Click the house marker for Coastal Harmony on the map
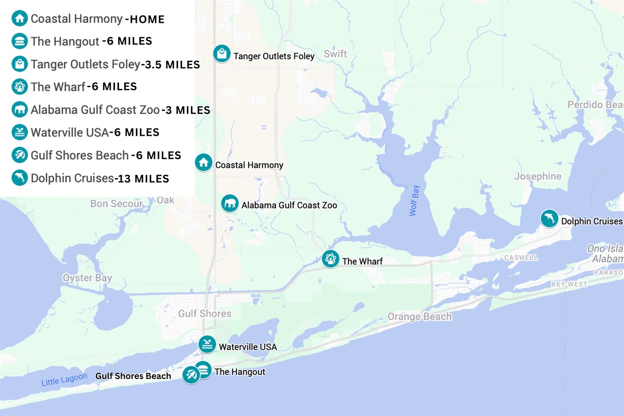click(203, 162)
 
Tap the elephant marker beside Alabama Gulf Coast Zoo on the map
click(230, 203)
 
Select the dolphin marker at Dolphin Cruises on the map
click(549, 218)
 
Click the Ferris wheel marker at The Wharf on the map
click(330, 258)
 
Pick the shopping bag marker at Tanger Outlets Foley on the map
click(222, 54)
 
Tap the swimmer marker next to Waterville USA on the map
click(207, 344)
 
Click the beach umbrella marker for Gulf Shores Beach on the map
click(191, 374)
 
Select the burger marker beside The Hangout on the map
click(203, 370)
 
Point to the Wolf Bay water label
click(414, 203)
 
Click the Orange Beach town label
click(420, 317)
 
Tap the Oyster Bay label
click(87, 278)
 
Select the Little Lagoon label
click(64, 380)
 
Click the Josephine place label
click(538, 176)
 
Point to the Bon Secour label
click(116, 204)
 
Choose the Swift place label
click(335, 54)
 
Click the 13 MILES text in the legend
click(142, 179)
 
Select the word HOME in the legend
click(147, 20)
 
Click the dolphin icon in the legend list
click(19, 178)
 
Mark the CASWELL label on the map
click(521, 257)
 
